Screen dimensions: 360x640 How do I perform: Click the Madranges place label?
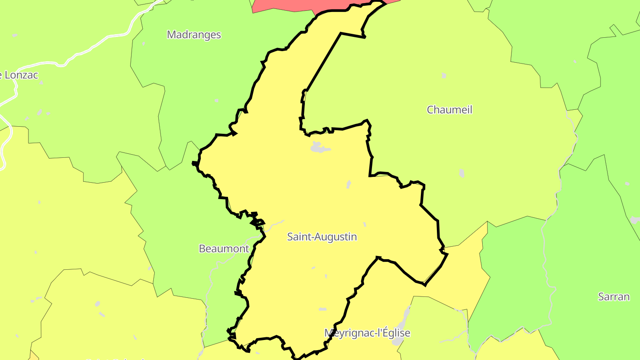coord(194,35)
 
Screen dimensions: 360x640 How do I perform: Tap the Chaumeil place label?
coord(449,110)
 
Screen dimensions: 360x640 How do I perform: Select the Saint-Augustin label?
coord(322,237)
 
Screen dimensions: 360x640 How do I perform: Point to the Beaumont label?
coord(224,249)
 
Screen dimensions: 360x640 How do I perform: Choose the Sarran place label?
coord(614,297)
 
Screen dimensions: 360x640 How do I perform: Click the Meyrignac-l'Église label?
coord(367,333)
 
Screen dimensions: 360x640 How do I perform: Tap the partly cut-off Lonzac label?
coord(20,75)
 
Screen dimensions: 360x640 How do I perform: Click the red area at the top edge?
coord(284,5)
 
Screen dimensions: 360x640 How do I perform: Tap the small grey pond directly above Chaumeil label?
coord(444,76)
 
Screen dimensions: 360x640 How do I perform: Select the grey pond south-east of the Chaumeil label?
coord(462,173)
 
